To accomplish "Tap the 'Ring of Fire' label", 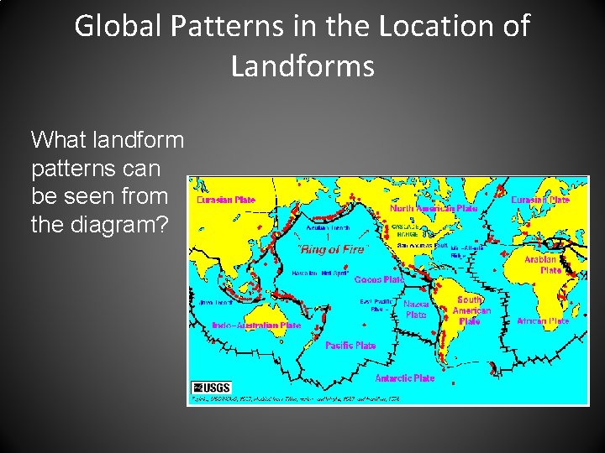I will point(333,249).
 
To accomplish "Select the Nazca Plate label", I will point(416,310).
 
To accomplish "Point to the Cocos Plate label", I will point(379,279).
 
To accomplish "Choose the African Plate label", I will point(543,321).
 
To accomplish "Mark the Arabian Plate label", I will point(541,265).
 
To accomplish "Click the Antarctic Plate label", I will point(405,378).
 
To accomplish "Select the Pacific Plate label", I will point(350,346).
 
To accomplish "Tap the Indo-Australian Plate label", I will point(256,325).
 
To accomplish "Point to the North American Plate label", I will point(434,208).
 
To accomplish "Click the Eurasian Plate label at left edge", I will point(226,200).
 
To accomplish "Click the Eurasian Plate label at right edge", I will point(540,200).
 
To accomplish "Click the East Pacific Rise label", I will point(377,305).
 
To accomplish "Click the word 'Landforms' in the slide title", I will point(302,65).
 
